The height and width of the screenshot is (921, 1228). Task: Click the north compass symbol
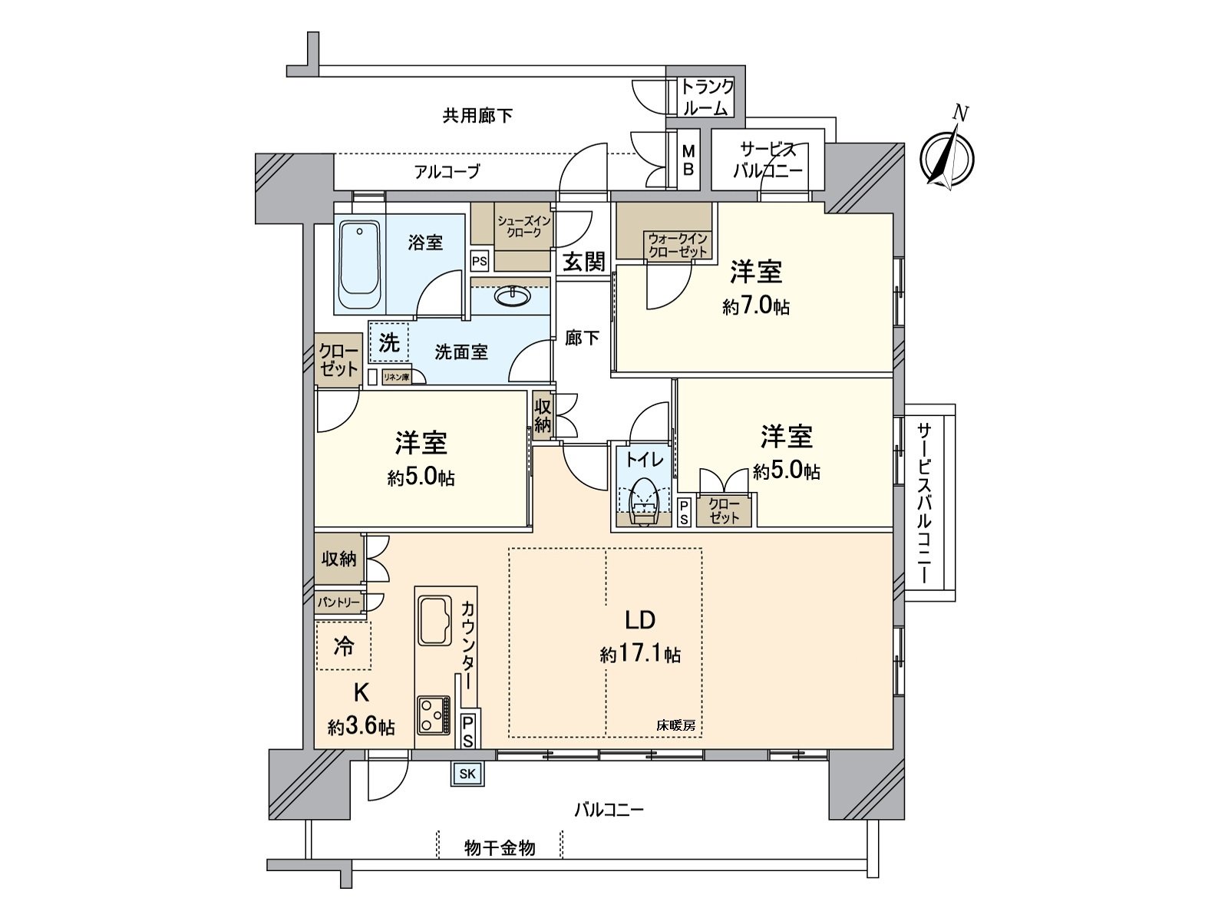click(x=947, y=158)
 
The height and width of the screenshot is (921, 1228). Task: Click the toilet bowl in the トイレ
click(x=643, y=503)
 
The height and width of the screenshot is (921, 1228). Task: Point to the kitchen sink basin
click(x=438, y=620)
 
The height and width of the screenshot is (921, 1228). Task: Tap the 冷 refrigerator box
click(x=343, y=646)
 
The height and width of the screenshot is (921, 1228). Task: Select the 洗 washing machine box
click(x=389, y=343)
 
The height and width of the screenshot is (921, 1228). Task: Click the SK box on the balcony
click(x=467, y=774)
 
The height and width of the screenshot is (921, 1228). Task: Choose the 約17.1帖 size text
click(x=640, y=655)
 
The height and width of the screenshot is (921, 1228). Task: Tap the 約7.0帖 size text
click(x=756, y=307)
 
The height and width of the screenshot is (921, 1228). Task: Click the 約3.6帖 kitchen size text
click(x=361, y=726)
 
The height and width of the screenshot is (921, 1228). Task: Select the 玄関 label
click(x=585, y=262)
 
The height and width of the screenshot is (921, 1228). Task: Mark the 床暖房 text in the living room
click(x=675, y=725)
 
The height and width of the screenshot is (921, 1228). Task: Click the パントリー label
click(x=338, y=603)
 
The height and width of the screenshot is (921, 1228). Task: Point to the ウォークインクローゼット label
click(x=677, y=245)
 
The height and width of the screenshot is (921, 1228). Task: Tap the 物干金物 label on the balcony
click(x=500, y=848)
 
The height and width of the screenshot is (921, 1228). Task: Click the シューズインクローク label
click(x=524, y=227)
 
